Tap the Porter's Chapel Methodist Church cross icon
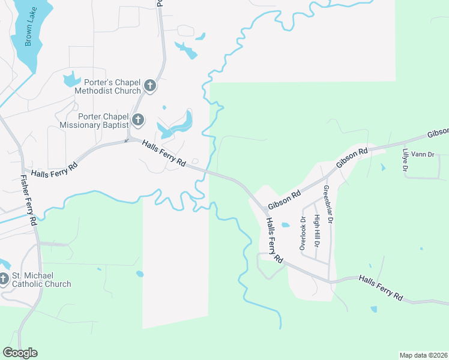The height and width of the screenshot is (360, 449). coord(150,86)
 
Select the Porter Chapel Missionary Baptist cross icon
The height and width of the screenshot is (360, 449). coord(138,120)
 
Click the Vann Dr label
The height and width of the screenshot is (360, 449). coord(423,155)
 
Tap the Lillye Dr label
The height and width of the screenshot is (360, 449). coord(406,160)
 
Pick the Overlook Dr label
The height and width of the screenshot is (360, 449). coord(303,232)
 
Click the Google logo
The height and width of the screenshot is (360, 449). coord(20,353)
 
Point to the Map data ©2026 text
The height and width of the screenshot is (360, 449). coord(423,355)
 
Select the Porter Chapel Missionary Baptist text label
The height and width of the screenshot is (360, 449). coord(94,120)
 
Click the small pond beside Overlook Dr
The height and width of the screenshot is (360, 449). coord(285,226)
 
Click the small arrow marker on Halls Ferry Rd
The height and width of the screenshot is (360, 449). coord(126,141)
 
